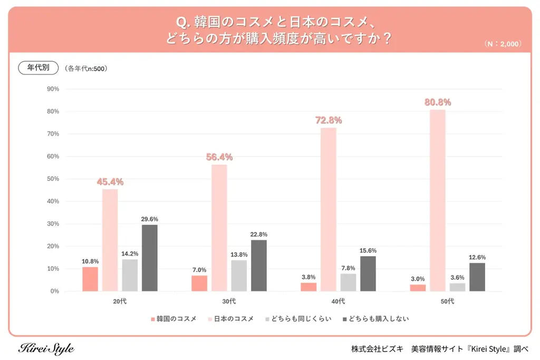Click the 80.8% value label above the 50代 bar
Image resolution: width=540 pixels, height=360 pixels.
pos(438,102)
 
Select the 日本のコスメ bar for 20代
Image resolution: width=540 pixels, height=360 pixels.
pos(110,240)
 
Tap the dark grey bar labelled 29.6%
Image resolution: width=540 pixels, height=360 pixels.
pos(150,258)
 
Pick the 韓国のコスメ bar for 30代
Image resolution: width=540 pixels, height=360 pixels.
pos(199,283)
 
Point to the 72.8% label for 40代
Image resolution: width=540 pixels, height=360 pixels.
pos(329,121)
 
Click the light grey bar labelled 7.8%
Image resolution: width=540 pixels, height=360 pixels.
pos(348,282)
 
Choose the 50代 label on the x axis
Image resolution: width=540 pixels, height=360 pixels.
pos(447,301)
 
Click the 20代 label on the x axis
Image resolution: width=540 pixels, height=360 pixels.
pos(120,301)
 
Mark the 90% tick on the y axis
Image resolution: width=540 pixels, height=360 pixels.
pos(53,89)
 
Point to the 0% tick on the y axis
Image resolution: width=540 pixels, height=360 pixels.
pos(54,291)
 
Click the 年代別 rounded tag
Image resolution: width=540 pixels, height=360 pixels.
pos(38,67)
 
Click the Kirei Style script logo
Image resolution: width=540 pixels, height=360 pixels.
pos(46,349)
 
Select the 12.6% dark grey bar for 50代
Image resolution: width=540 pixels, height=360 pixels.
pos(477,277)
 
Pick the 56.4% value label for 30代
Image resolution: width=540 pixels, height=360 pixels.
pos(219,157)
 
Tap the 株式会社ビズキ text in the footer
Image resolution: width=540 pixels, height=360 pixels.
pos(377,349)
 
